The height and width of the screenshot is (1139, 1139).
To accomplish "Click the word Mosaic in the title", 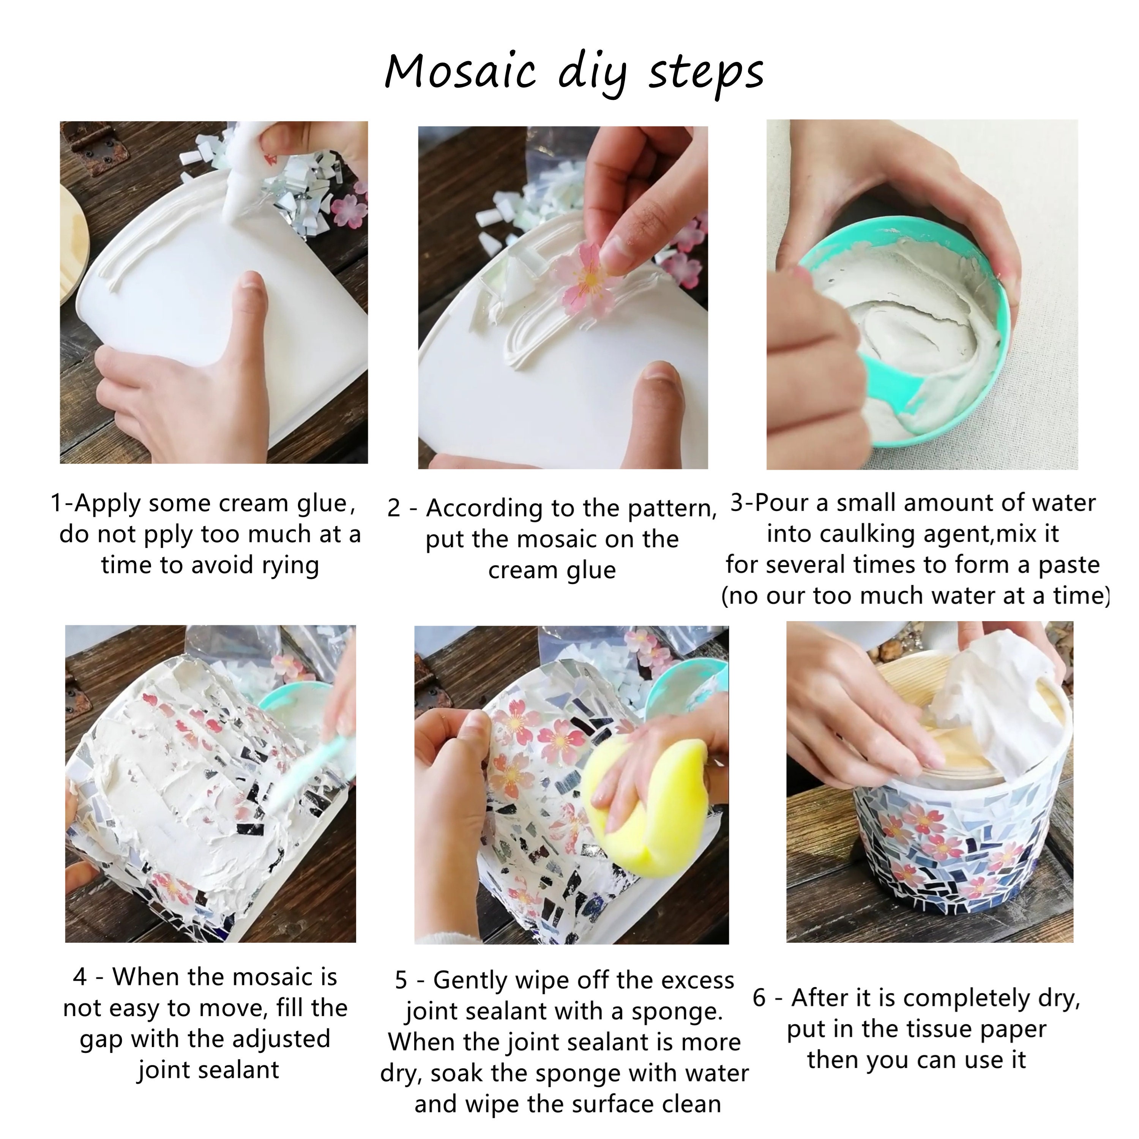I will (x=460, y=72).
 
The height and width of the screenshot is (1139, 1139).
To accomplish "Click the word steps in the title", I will (x=706, y=74).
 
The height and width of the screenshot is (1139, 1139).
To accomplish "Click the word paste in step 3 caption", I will (x=1068, y=565).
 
